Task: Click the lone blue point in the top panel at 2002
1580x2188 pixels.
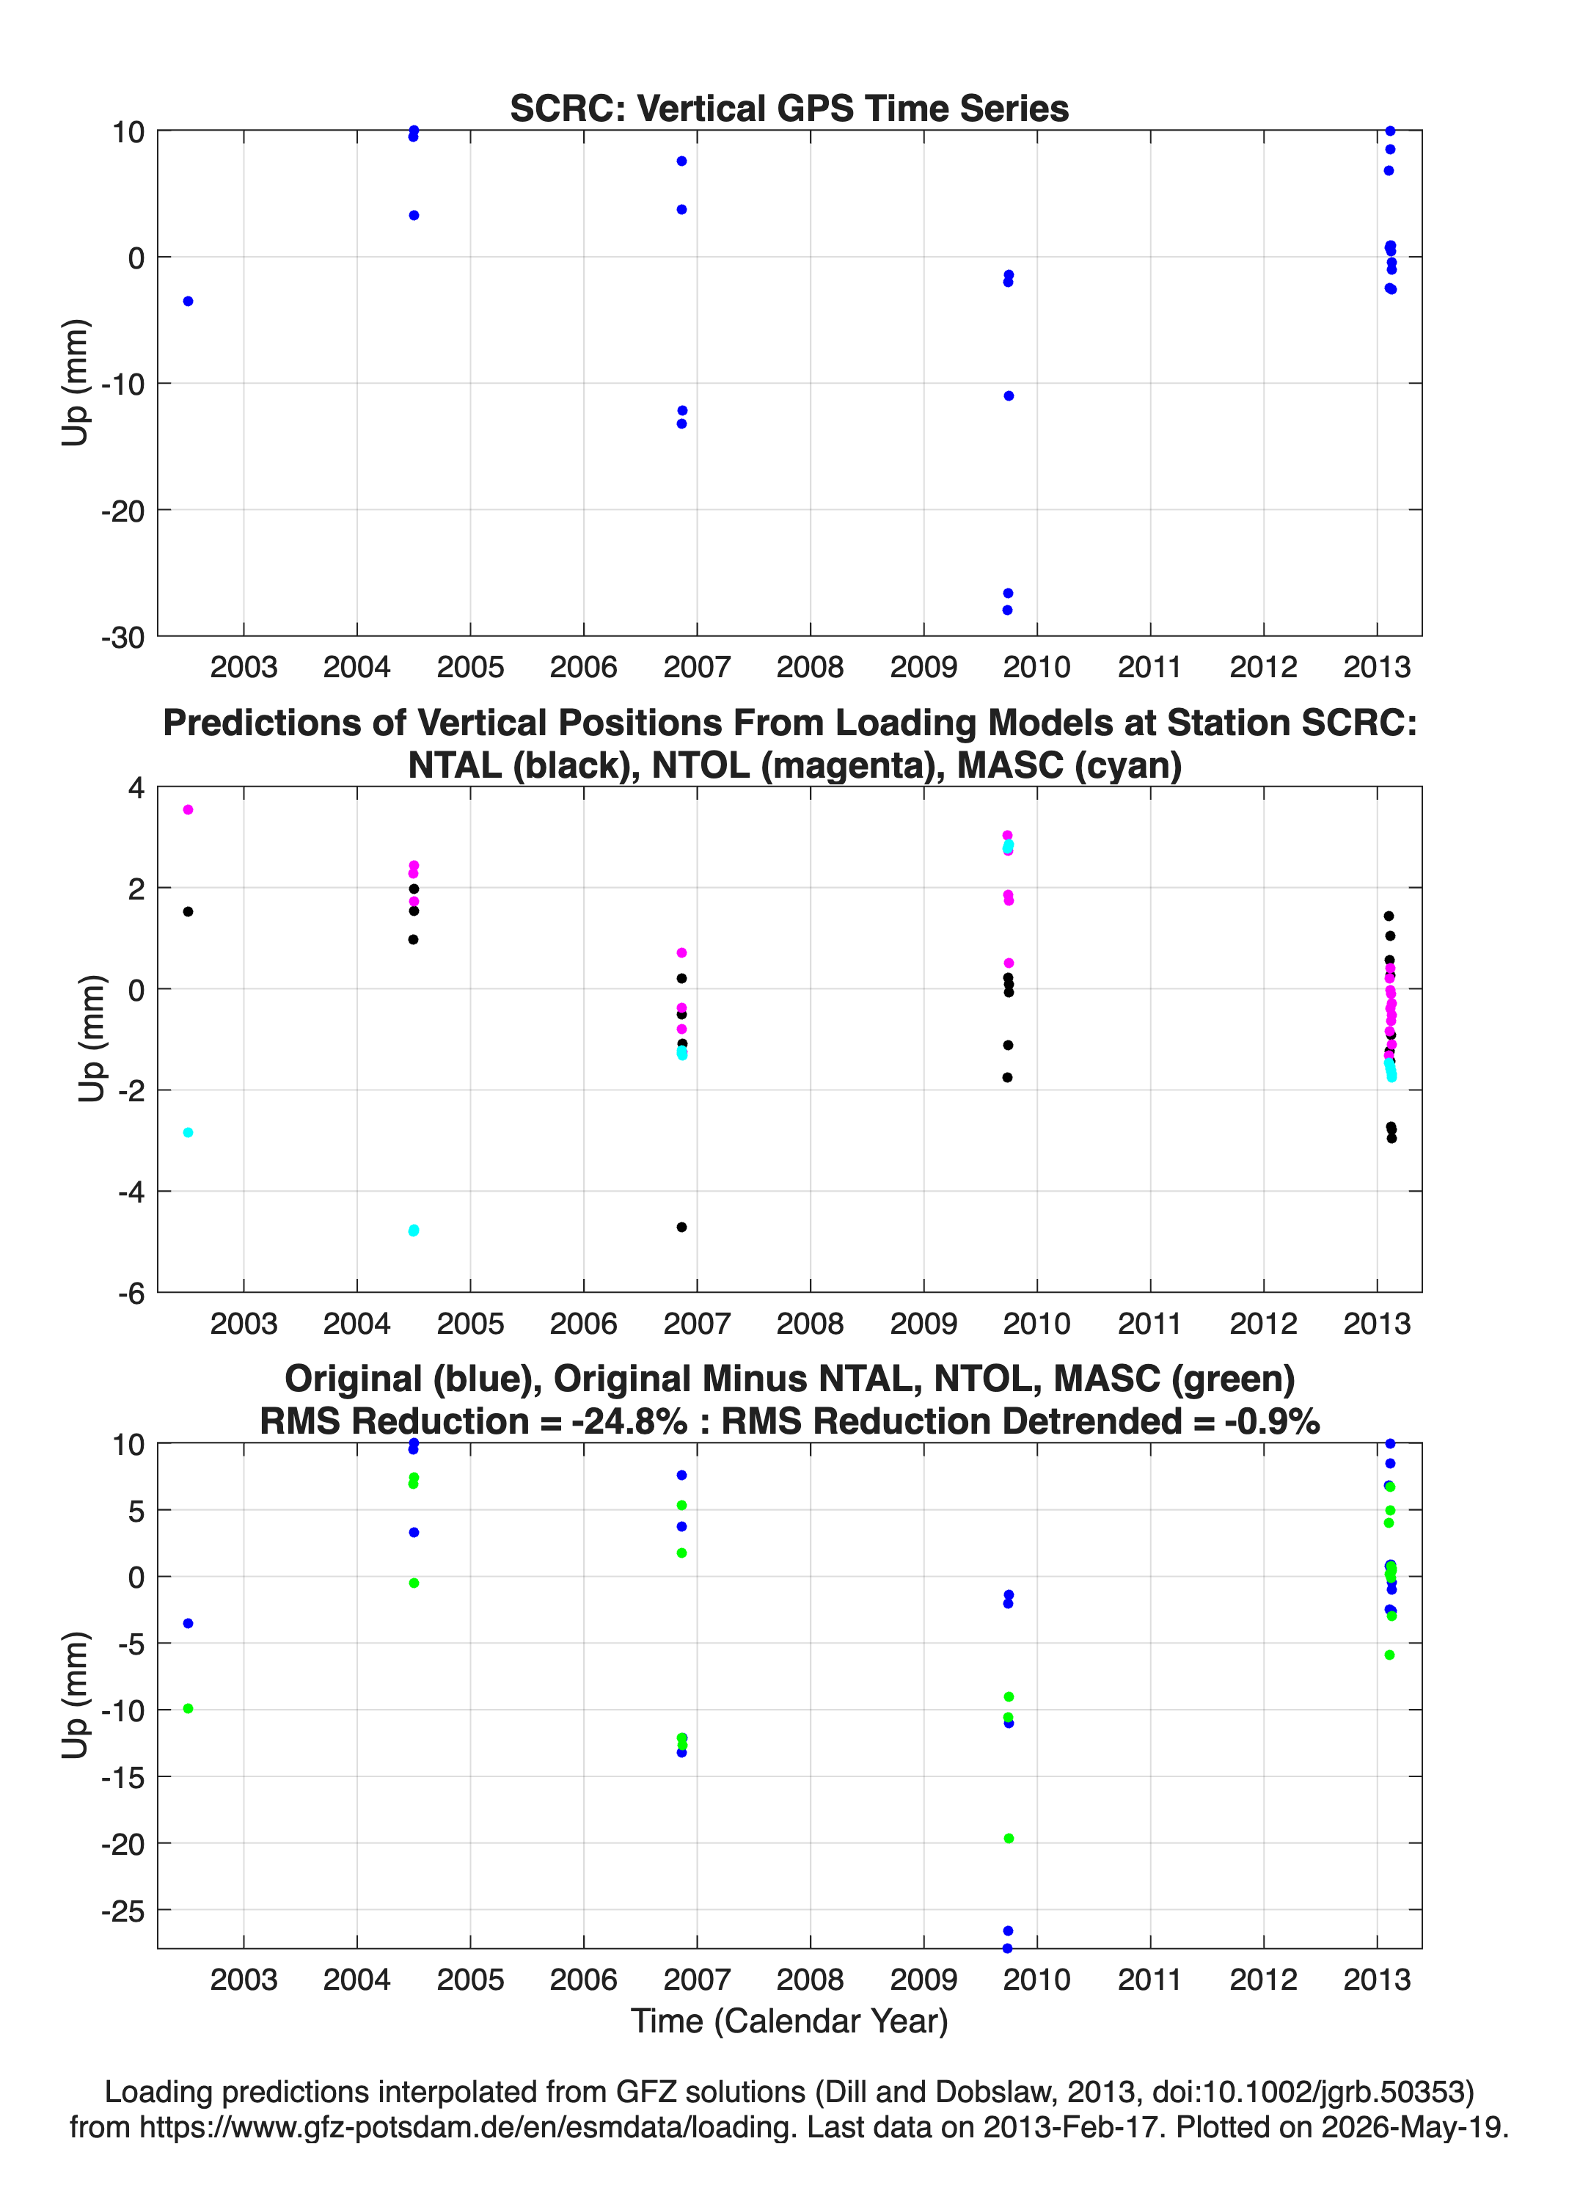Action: tap(188, 301)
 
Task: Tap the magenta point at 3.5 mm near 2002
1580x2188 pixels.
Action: tap(188, 809)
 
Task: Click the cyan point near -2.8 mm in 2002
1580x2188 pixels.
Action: tap(188, 1133)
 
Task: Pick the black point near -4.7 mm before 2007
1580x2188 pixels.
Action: tap(682, 1227)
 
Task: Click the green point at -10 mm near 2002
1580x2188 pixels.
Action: tap(188, 1709)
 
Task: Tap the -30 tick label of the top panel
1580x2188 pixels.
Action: tap(122, 637)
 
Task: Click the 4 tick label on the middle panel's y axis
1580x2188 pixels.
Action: tap(136, 788)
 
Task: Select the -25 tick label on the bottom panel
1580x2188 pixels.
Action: tap(122, 1911)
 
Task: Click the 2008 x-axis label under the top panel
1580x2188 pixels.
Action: tap(811, 667)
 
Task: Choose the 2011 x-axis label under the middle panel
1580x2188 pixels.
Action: tap(1150, 1324)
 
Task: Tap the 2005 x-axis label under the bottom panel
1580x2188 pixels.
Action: tap(471, 1980)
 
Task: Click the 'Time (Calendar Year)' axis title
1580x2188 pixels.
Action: tap(789, 2021)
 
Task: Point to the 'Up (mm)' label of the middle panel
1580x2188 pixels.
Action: tap(92, 1039)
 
